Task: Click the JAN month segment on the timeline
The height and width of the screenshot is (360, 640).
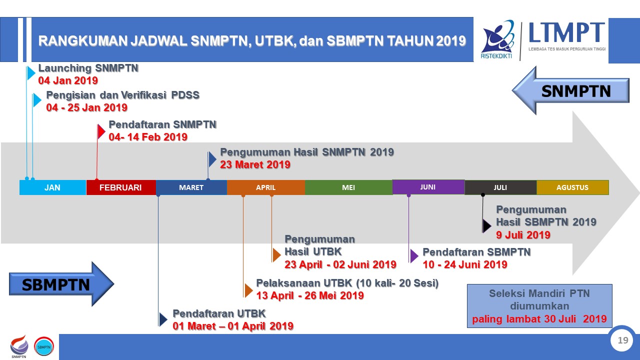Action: [52, 187]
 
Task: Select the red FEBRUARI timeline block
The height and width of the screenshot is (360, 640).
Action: [121, 187]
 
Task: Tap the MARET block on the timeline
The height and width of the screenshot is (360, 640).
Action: [191, 187]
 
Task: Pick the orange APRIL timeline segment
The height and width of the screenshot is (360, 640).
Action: [266, 187]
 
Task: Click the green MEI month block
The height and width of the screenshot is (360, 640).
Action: [348, 187]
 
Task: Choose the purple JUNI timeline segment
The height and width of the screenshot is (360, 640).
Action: [428, 187]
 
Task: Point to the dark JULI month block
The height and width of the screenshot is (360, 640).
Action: [500, 187]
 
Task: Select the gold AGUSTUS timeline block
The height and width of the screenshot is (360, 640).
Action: [572, 187]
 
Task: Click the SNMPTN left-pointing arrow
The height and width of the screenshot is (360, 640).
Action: [570, 90]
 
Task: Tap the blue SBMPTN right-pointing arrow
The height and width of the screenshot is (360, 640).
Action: [61, 284]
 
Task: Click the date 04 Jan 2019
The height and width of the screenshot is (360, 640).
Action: [68, 80]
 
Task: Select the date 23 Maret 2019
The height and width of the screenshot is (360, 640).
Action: [255, 164]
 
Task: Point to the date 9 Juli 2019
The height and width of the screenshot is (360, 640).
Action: [523, 235]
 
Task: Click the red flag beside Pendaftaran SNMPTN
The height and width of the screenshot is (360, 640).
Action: [101, 131]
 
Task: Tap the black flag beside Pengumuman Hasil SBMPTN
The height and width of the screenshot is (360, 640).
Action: [486, 226]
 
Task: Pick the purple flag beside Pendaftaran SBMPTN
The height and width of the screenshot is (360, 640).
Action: [414, 255]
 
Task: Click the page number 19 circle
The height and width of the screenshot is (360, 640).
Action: [623, 340]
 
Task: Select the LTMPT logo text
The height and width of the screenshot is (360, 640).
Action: [567, 32]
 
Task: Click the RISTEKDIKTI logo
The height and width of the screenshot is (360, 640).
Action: [497, 39]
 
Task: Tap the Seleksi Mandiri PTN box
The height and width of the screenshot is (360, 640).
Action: [539, 305]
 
